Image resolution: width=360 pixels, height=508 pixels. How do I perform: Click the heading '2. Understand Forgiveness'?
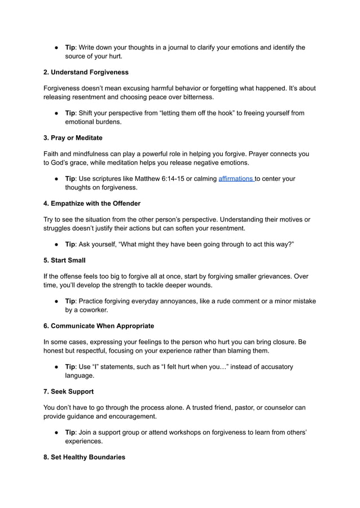click(86, 72)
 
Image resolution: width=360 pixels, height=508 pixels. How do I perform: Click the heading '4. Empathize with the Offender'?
click(92, 203)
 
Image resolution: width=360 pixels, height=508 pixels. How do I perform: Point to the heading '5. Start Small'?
click(65, 260)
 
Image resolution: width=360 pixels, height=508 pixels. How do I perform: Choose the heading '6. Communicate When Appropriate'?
click(99, 326)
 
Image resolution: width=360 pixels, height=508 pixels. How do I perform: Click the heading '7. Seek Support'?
click(69, 391)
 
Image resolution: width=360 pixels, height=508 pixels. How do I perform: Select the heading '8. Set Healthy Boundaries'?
click(85, 457)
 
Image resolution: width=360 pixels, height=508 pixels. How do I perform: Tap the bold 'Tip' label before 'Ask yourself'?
click(71, 244)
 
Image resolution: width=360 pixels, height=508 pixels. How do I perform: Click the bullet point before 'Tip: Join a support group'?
click(58, 432)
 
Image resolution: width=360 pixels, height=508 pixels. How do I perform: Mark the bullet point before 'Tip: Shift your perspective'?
click(58, 113)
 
